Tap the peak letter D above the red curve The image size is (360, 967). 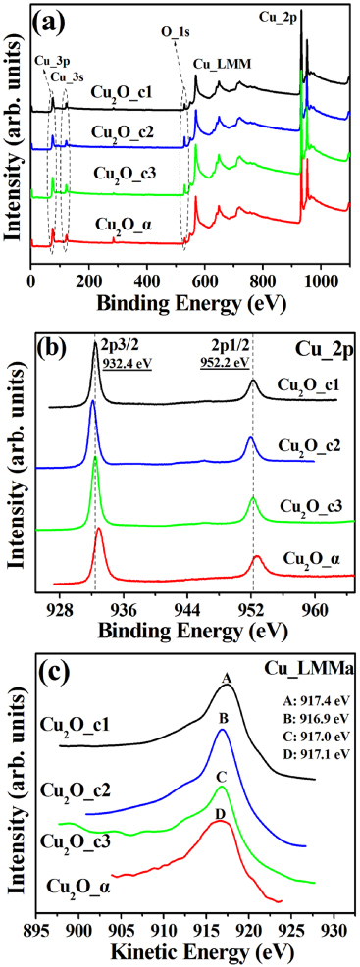pos(221,813)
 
